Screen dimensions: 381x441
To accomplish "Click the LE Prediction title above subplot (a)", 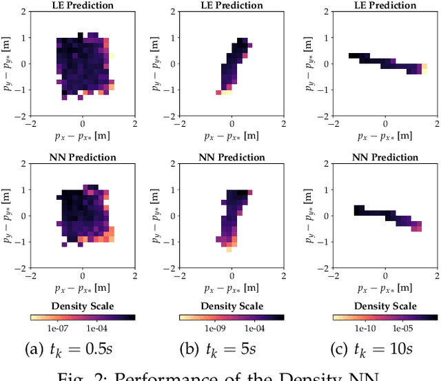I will click(83, 6).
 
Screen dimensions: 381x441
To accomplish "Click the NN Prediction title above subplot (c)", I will click(384, 157).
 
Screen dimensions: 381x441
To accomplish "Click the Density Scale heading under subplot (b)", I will click(232, 305).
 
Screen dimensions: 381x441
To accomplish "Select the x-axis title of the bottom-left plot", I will click(83, 285).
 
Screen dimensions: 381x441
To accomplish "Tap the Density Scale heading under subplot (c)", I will click(384, 305).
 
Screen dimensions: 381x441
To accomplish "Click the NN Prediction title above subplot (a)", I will click(83, 157).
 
